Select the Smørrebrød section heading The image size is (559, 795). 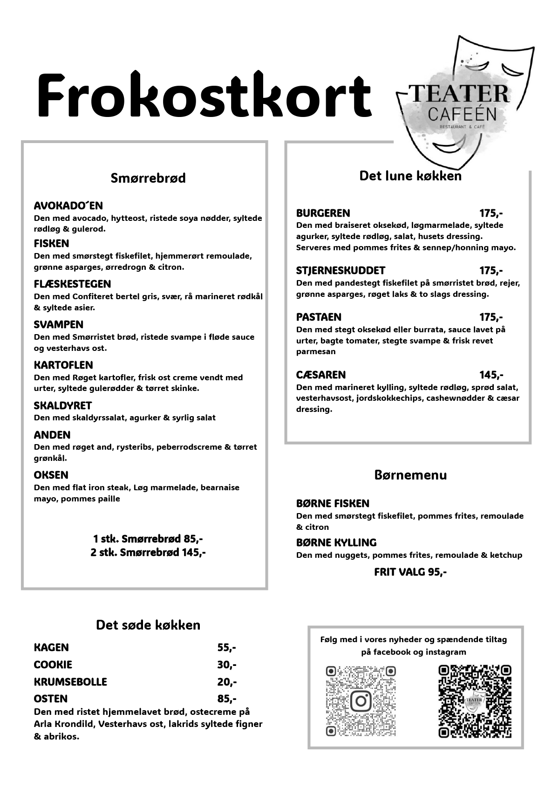pos(148,178)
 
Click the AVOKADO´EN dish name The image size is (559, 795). pos(68,206)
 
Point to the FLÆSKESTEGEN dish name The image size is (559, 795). pos(72,284)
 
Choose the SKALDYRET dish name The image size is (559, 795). pos(62,405)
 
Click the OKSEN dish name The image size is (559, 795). pos(51,475)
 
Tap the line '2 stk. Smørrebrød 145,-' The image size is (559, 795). pos(148,553)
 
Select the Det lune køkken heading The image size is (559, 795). pos(410,176)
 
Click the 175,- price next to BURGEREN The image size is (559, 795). pos(491,213)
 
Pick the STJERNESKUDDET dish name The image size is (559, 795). pos(341,271)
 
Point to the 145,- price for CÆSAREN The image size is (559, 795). pos(491,375)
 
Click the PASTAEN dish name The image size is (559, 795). pos(319,317)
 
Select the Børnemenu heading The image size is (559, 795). pos(410,475)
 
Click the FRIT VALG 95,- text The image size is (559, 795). pos(410,572)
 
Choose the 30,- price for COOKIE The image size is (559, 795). pos(226,665)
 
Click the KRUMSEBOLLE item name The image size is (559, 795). pos(70,682)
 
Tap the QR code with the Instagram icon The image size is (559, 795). pos(361,701)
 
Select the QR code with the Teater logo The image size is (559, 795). pos(474,701)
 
